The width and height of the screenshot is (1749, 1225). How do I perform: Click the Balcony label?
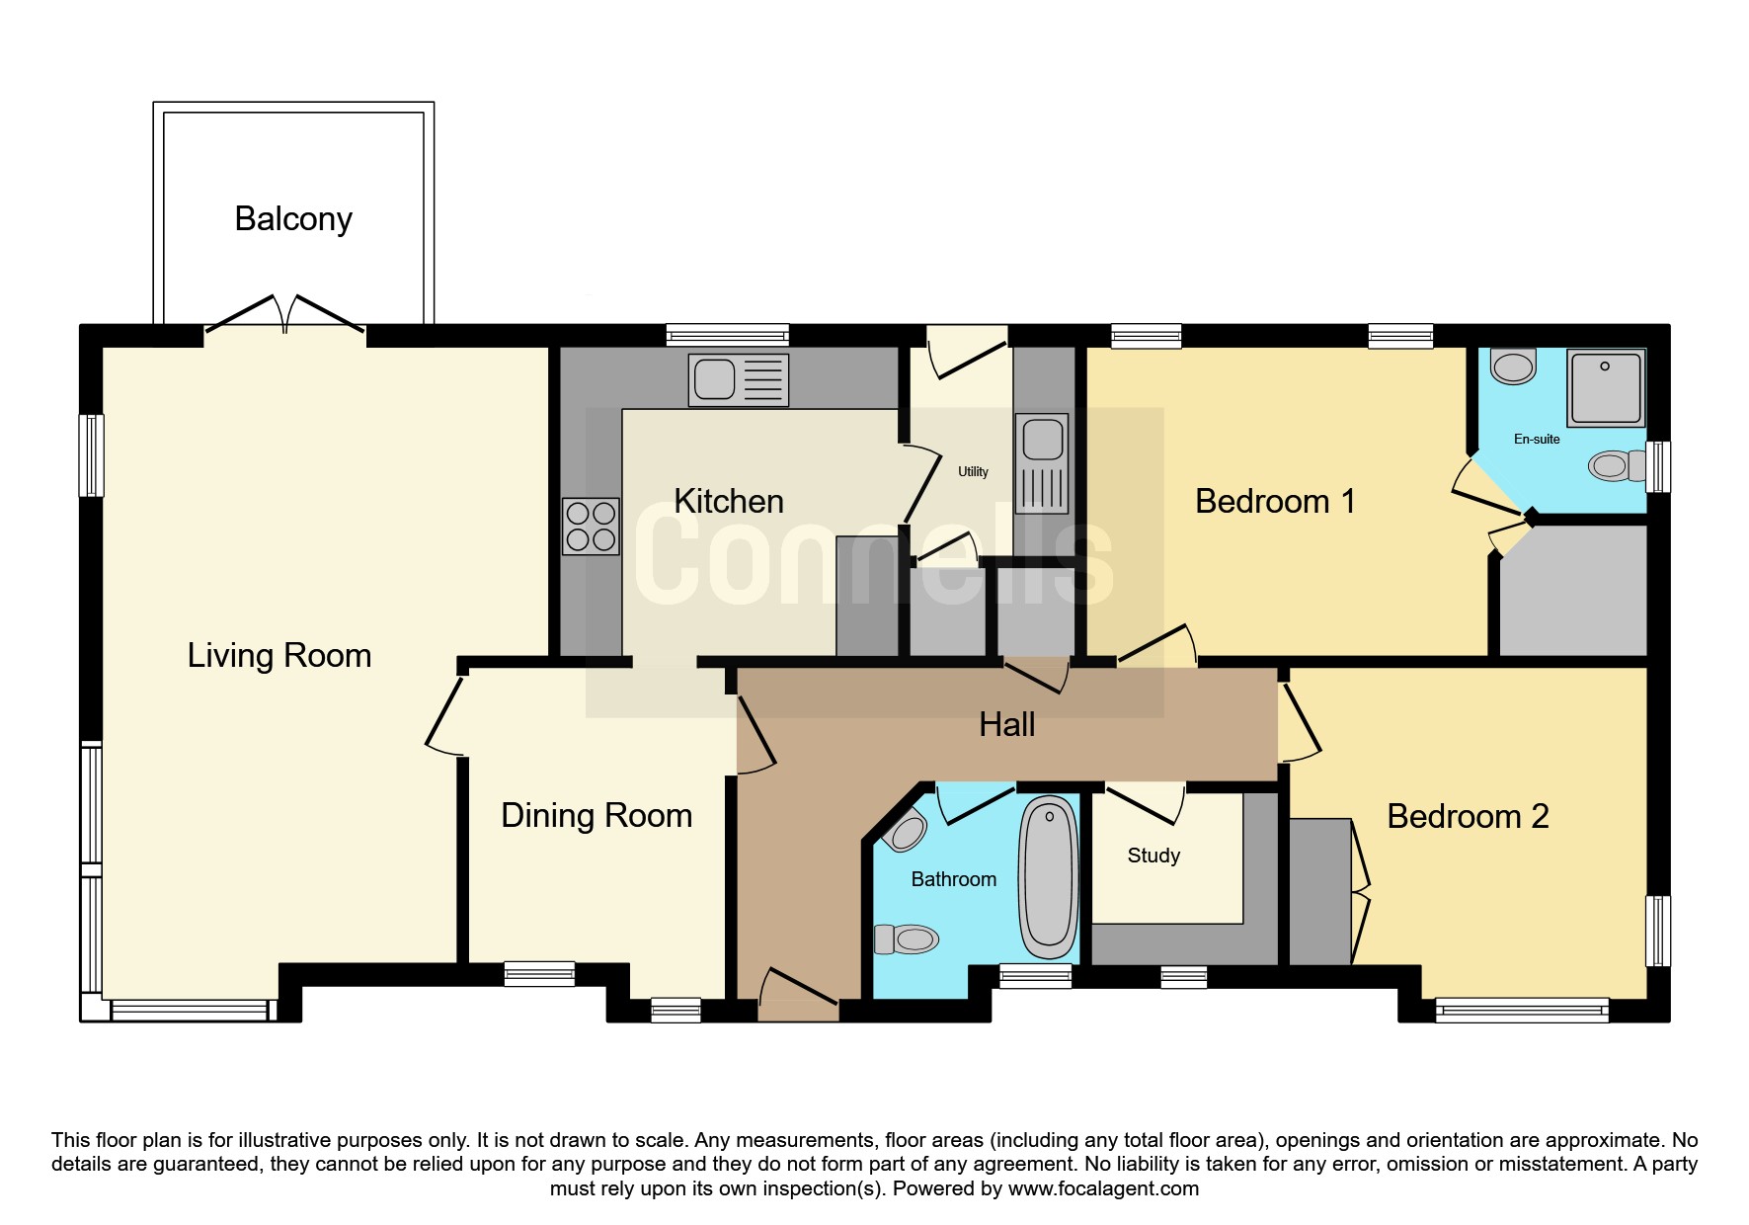[293, 219]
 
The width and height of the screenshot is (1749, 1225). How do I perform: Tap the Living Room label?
[279, 655]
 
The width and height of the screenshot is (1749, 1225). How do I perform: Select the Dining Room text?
[596, 815]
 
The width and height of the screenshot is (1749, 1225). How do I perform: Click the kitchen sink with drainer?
[739, 379]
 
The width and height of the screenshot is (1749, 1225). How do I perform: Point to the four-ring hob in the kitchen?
[591, 527]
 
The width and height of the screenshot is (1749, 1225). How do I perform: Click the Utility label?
[973, 472]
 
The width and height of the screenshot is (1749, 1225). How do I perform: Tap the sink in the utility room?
[1042, 462]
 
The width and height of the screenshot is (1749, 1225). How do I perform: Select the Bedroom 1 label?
[1275, 501]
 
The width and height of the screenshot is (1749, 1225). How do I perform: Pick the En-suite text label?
[1537, 439]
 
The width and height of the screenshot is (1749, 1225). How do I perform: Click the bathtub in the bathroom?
[1049, 877]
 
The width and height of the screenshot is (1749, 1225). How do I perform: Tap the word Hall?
[1007, 724]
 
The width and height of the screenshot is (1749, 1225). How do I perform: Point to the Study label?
[1153, 856]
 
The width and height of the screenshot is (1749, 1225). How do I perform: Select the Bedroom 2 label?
[1468, 816]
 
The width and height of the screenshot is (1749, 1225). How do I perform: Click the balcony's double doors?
[284, 313]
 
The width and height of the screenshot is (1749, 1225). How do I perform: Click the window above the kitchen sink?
[728, 335]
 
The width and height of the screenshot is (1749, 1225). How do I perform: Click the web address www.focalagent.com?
[1103, 1188]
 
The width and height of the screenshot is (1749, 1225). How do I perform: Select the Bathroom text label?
[953, 879]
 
